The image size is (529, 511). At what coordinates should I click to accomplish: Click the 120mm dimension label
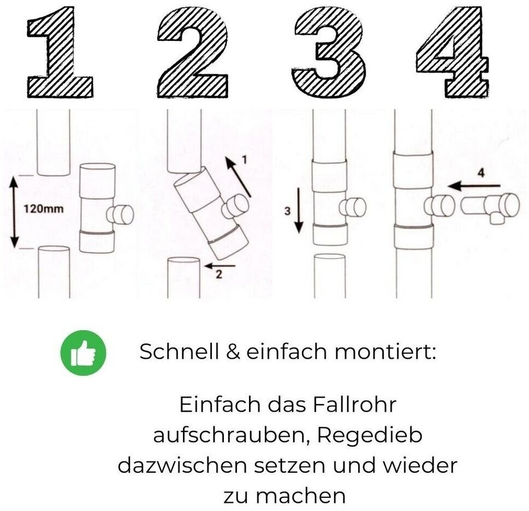[43, 209]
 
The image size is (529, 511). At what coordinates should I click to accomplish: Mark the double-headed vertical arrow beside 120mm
[14, 212]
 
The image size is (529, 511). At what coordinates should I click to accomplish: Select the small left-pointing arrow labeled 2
[220, 265]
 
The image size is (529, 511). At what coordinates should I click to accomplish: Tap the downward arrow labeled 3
[299, 211]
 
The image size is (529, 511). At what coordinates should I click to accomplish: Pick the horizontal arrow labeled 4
[474, 186]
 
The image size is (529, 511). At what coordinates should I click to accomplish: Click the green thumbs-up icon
[84, 353]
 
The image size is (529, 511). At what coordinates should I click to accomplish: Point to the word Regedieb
[370, 435]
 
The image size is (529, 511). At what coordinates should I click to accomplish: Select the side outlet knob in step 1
[121, 214]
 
